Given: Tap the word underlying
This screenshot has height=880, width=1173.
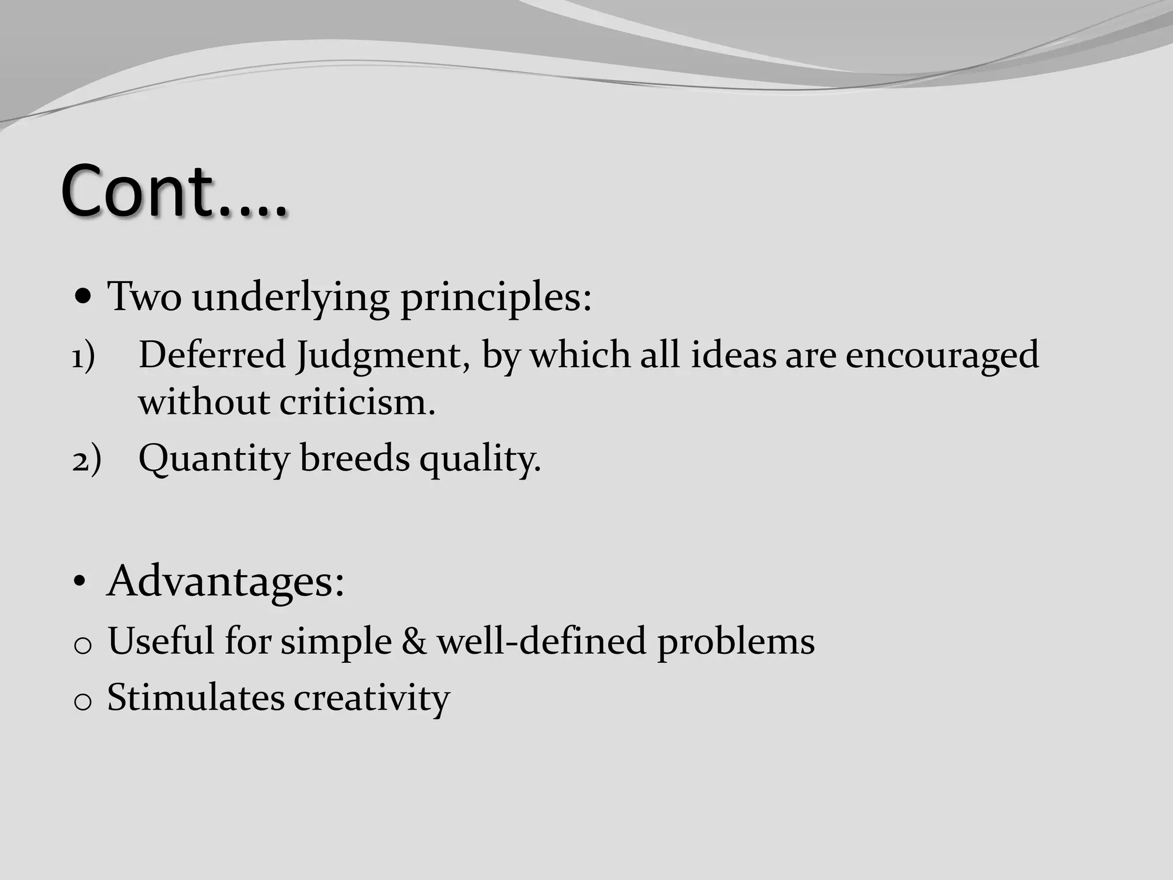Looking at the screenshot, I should [x=290, y=298].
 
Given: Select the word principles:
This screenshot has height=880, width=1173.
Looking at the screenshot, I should [x=495, y=298].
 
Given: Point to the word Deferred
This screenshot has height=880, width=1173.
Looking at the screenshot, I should [x=212, y=355].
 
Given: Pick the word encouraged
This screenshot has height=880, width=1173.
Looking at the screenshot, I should [x=942, y=356].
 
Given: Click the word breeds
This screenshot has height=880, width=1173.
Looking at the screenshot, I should [x=355, y=458].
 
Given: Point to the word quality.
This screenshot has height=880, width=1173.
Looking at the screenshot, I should [x=480, y=459].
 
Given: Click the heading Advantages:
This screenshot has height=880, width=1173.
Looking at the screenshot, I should [x=226, y=582].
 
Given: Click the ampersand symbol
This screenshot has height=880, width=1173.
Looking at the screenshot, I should [x=414, y=641].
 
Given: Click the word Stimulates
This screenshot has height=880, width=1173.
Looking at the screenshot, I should [x=196, y=697].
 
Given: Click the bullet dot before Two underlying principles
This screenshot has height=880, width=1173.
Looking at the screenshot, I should [x=84, y=297].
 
